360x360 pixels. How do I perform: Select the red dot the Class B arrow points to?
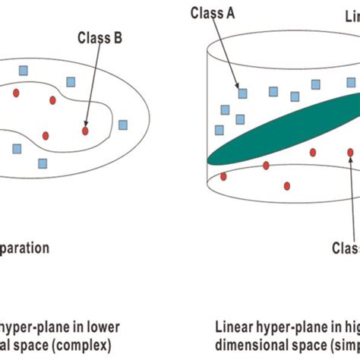[85, 131]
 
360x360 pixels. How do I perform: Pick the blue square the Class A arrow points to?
[242, 93]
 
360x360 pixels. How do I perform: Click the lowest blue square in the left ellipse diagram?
[43, 163]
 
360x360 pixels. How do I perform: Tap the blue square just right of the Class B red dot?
[123, 125]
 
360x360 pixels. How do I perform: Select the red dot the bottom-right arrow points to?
[350, 153]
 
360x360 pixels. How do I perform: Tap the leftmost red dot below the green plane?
[223, 176]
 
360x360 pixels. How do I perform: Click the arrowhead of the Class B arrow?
[87, 124]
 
